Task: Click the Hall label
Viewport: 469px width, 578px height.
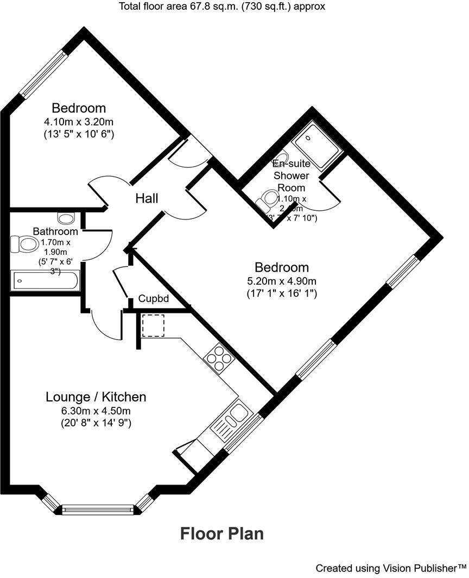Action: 147,199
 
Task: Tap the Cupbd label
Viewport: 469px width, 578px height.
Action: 154,299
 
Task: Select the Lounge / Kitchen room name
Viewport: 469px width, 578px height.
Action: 96,397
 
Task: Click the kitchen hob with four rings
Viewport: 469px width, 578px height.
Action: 218,359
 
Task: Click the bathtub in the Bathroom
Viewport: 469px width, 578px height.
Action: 45,281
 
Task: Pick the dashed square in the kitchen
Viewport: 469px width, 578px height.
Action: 153,326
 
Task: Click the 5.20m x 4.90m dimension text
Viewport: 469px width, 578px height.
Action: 282,281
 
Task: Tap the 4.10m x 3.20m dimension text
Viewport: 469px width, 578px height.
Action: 79,121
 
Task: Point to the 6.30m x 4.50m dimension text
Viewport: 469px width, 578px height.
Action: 96,410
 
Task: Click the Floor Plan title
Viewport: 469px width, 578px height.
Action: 222,533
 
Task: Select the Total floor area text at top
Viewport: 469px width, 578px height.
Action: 221,7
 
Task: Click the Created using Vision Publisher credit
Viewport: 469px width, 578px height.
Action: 391,568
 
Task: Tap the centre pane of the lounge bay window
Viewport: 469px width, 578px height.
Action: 97,509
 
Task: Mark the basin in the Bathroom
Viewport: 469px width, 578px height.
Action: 66,219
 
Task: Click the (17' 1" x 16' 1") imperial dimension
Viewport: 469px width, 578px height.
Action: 282,293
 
